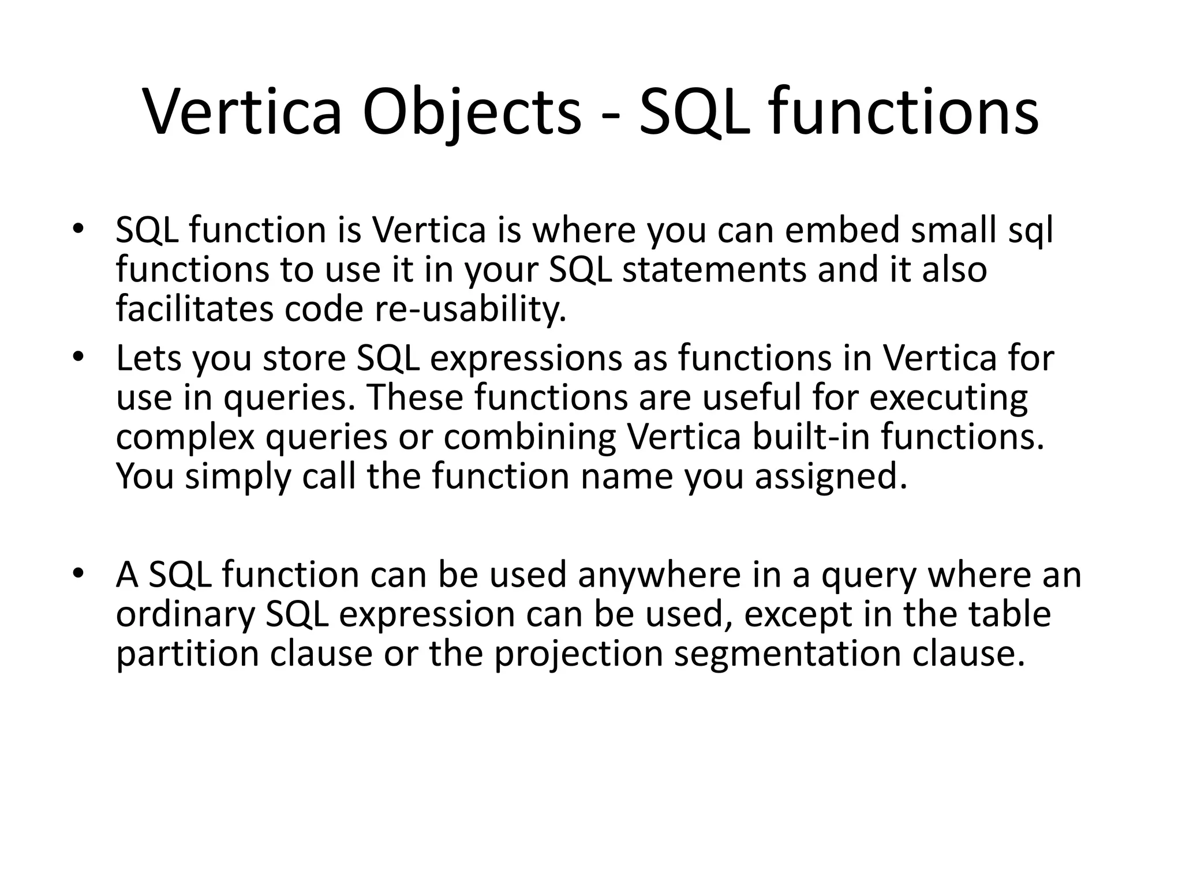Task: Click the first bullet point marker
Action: [78, 230]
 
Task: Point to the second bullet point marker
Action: [78, 358]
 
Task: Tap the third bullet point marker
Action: [78, 575]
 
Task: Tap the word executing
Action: [948, 397]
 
